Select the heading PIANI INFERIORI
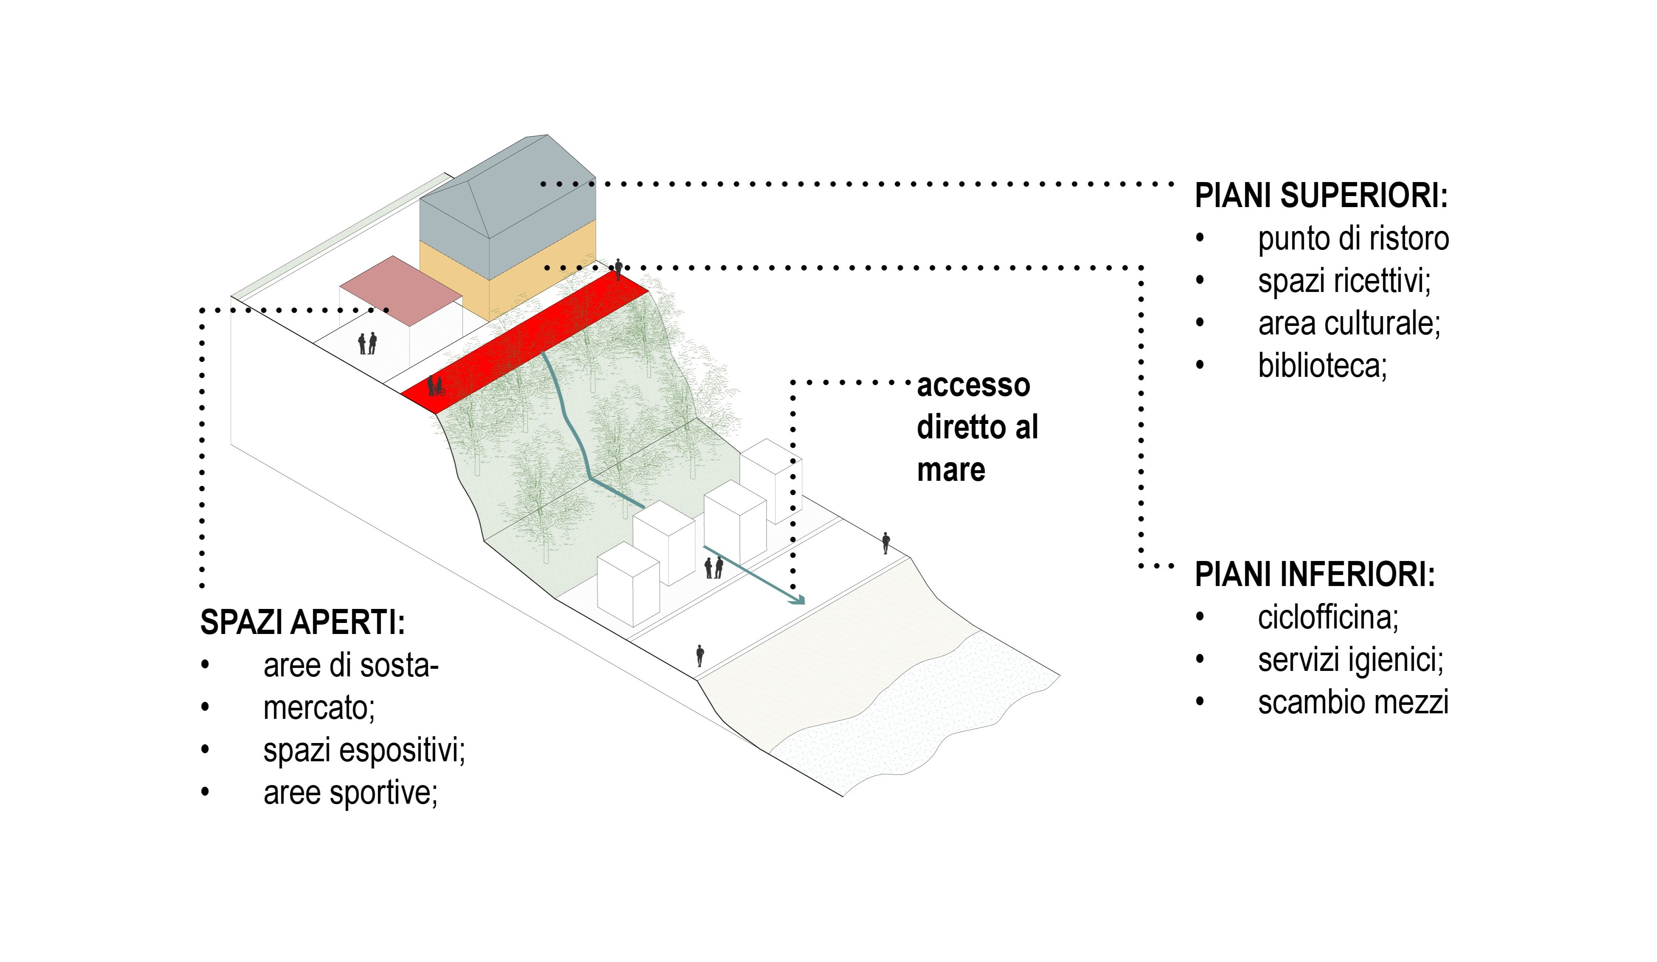coord(1314,575)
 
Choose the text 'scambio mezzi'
coord(1353,702)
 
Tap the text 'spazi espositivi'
coord(364,750)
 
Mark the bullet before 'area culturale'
coord(1200,323)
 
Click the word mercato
coord(319,707)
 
